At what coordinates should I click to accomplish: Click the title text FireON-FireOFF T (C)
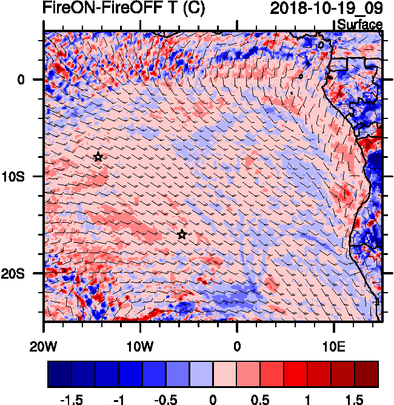124,9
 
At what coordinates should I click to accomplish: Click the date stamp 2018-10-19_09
326,9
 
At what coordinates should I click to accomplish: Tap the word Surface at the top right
359,25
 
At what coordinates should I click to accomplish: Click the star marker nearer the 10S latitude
98,157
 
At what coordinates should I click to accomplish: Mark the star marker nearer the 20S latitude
182,235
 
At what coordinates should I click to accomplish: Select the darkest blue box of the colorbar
59,374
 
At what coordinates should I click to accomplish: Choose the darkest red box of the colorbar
367,374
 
